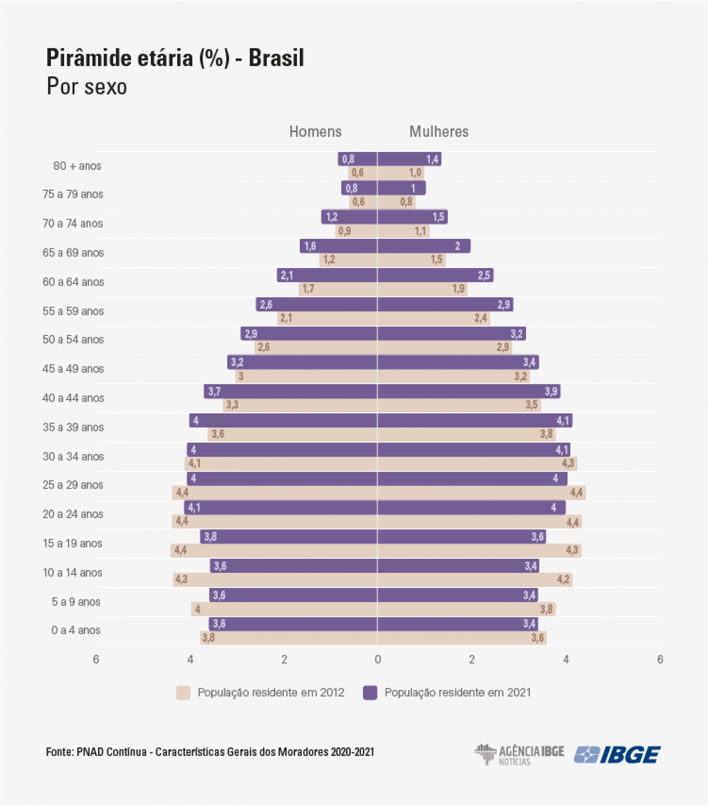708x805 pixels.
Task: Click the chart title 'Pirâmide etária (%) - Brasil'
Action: pos(175,58)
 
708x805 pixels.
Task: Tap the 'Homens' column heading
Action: pos(315,131)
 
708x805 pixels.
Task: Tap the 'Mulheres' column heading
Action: pos(439,131)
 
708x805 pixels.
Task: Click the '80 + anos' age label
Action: pos(77,166)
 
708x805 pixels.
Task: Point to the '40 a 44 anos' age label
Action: pos(73,398)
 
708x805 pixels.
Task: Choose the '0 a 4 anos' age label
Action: pos(76,630)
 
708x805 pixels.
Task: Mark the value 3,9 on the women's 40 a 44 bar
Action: pos(551,392)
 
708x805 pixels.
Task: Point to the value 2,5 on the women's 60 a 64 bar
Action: pos(484,275)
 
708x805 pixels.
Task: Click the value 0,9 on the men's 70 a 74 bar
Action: pos(344,231)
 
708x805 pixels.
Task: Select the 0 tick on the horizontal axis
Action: pos(378,659)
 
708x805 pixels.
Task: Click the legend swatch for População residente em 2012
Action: pos(183,692)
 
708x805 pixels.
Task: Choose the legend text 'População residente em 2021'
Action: pos(458,692)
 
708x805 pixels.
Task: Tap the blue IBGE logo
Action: pos(617,754)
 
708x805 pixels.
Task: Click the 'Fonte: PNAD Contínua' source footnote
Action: pos(210,752)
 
